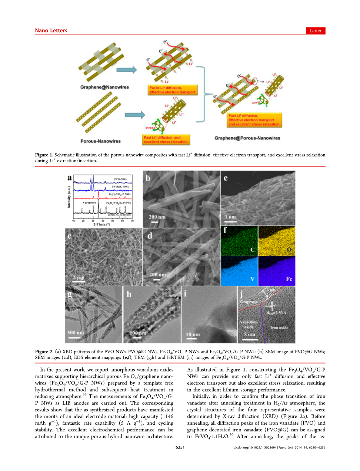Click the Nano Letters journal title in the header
[51, 31]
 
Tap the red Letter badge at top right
[316, 31]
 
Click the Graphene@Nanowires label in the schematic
[104, 87]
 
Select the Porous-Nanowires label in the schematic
[100, 141]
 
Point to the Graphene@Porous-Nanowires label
[247, 138]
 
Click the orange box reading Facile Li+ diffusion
[172, 90]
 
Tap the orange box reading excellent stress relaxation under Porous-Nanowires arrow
[166, 139]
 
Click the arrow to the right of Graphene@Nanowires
[126, 70]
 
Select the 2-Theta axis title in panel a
[102, 225]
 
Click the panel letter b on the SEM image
[148, 178]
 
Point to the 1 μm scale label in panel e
[230, 217]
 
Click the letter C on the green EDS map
[252, 250]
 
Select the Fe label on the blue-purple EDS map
[289, 279]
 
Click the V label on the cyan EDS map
[252, 279]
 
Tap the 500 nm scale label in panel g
[76, 332]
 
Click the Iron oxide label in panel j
[279, 328]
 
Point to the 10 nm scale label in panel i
[193, 334]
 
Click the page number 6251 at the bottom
[180, 447]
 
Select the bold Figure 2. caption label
[44, 352]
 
